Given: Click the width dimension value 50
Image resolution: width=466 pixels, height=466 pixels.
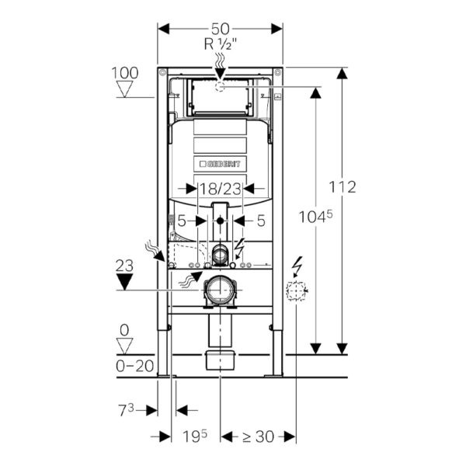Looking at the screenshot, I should pyautogui.click(x=220, y=27).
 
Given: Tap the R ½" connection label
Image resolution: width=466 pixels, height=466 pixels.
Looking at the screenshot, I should pyautogui.click(x=220, y=44).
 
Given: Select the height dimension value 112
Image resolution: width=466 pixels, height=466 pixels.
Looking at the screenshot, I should pyautogui.click(x=342, y=187).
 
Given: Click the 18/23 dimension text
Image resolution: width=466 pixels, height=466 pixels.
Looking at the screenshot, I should pyautogui.click(x=221, y=188).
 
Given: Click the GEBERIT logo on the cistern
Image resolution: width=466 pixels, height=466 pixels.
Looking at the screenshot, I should pyautogui.click(x=221, y=164).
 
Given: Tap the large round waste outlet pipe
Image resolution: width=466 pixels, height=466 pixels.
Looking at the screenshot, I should pyautogui.click(x=219, y=290).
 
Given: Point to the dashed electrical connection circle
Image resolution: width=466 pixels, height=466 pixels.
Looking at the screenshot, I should pyautogui.click(x=296, y=292).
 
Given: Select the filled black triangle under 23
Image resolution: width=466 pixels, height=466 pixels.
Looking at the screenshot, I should pyautogui.click(x=124, y=280).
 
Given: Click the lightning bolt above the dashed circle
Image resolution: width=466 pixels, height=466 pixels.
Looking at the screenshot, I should pyautogui.click(x=296, y=266).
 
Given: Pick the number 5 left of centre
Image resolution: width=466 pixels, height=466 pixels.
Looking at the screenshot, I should pyautogui.click(x=182, y=221).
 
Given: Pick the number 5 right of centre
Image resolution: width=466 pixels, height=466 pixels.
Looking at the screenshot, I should pyautogui.click(x=260, y=221).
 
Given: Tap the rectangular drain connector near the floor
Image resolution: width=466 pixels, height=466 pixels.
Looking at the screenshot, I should pyautogui.click(x=221, y=360).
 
